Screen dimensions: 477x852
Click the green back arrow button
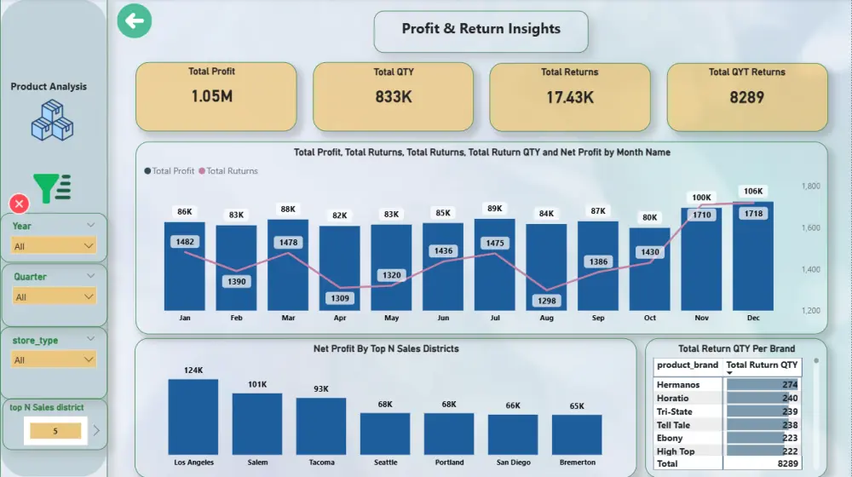pos(135,21)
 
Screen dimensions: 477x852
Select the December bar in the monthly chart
pos(753,256)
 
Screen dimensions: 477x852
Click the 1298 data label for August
pos(546,301)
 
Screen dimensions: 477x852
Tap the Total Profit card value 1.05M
pos(212,96)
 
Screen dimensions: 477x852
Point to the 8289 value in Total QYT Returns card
pos(746,97)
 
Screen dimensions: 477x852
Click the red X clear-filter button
pos(19,204)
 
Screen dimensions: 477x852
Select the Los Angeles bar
pos(193,418)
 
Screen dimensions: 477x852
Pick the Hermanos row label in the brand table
pos(678,385)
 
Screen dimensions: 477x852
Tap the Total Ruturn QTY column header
pos(762,365)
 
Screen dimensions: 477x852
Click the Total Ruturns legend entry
pos(232,171)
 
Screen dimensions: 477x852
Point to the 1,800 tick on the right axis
pos(811,186)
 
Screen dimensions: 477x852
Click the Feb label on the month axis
pos(236,319)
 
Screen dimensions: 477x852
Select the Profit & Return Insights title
pos(481,29)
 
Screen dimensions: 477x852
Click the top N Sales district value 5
pos(55,431)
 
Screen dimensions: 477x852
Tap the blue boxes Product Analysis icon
pos(52,121)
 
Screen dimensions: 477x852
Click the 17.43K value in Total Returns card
pos(570,97)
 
